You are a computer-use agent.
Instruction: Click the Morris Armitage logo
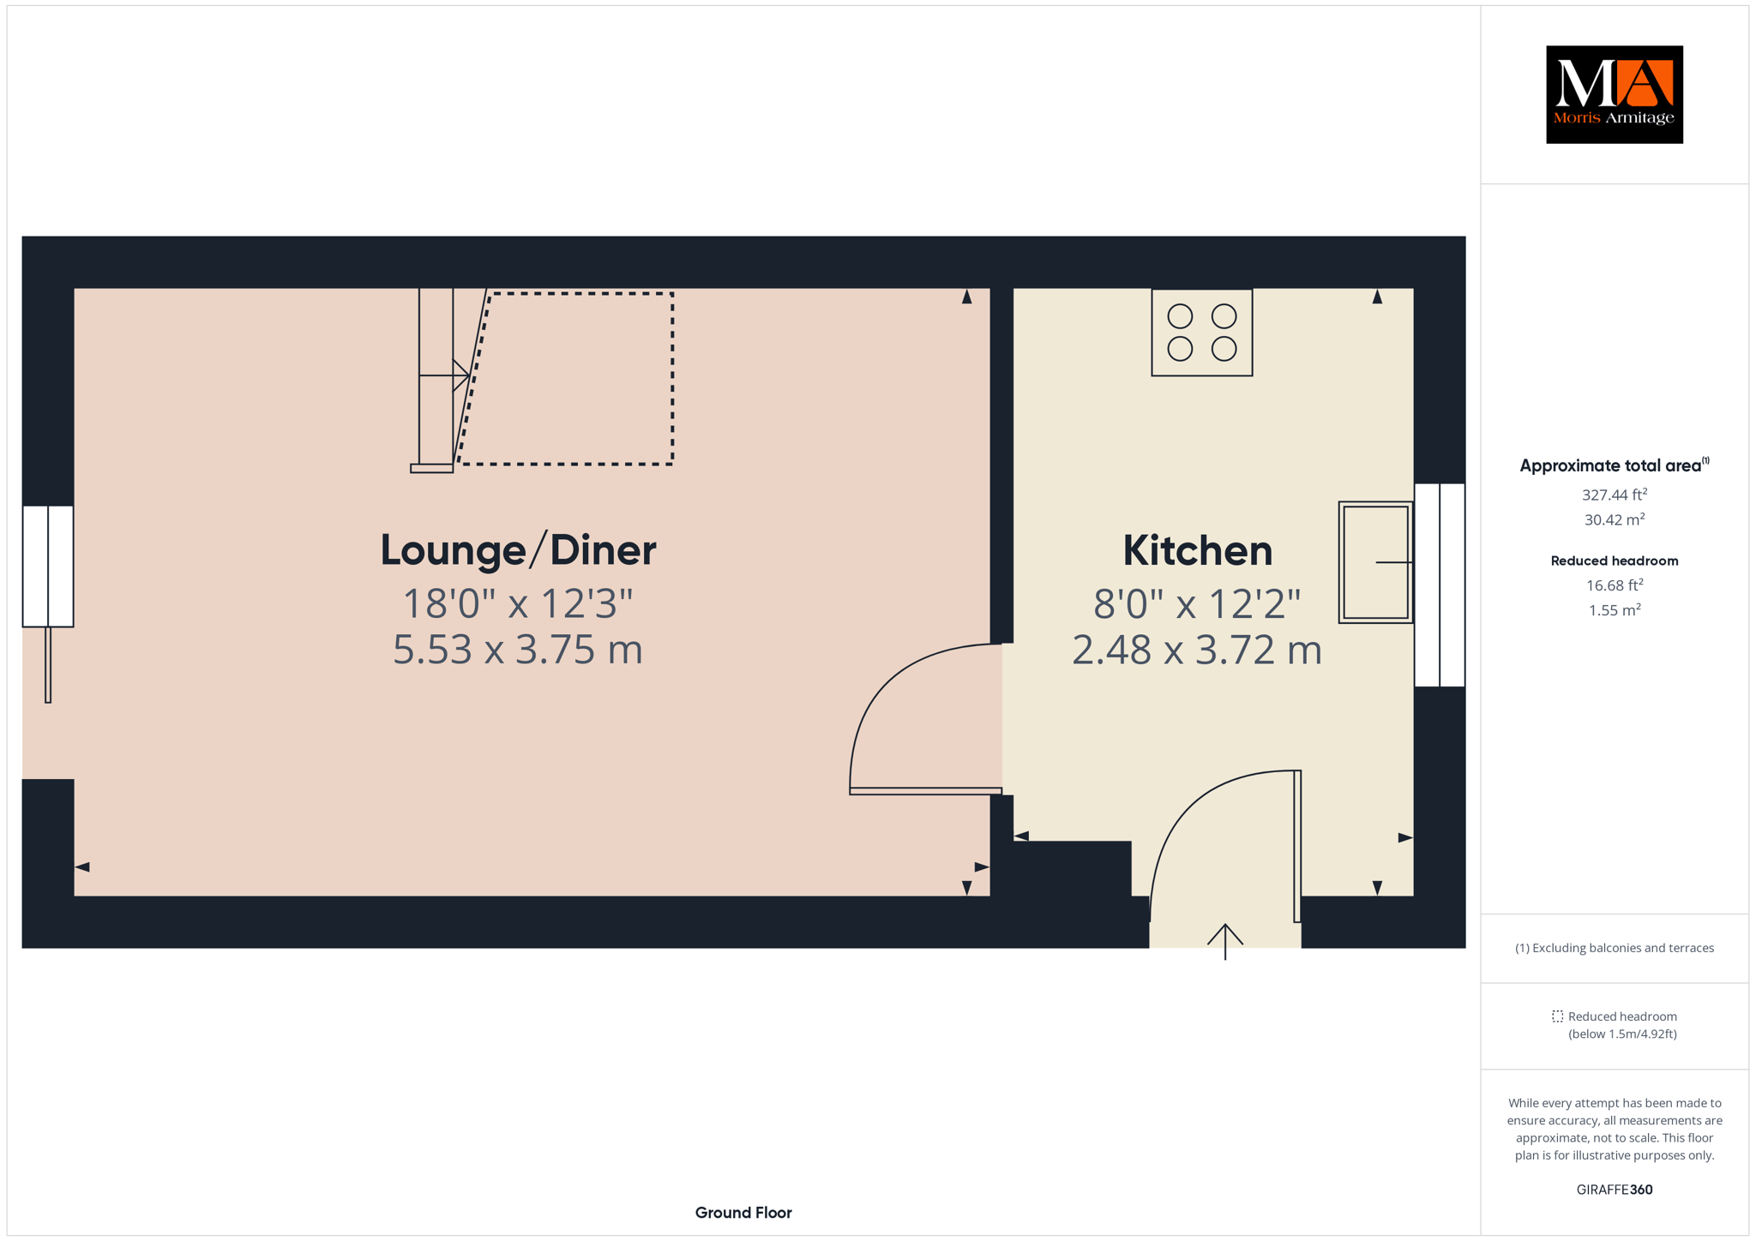tap(1614, 94)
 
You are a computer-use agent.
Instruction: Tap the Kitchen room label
tap(1197, 550)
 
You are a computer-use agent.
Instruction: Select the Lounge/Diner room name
tap(518, 550)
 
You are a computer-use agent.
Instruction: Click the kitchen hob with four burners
tap(1201, 333)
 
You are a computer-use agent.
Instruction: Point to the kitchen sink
tap(1375, 562)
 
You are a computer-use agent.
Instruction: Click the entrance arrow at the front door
tap(1225, 941)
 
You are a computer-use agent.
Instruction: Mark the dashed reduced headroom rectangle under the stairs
tap(566, 378)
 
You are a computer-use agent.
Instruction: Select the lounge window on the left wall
tap(48, 567)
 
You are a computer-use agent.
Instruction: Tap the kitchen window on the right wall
tap(1440, 585)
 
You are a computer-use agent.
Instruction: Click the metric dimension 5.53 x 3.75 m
tap(518, 650)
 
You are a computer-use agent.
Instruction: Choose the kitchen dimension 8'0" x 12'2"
tap(1197, 604)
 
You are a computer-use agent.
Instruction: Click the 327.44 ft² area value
tap(1615, 495)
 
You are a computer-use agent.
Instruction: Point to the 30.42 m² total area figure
tap(1615, 519)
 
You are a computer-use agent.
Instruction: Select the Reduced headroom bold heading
tap(1615, 561)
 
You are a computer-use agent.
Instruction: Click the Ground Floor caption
tap(743, 1213)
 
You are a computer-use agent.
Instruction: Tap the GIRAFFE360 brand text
tap(1615, 1190)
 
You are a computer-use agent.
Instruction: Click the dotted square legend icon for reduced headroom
tap(1557, 1016)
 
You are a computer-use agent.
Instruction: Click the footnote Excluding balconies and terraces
tap(1615, 948)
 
